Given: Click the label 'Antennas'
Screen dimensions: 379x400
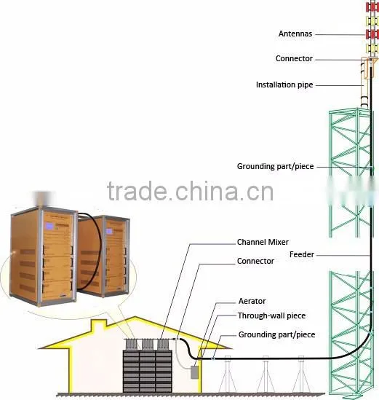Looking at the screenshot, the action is click(x=295, y=34).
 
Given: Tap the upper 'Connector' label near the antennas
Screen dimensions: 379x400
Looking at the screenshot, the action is click(x=294, y=58).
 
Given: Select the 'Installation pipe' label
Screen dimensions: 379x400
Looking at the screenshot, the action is click(x=284, y=85).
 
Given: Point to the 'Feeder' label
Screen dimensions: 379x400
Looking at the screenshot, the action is click(x=302, y=254).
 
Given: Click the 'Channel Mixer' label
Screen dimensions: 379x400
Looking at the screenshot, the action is click(x=263, y=242).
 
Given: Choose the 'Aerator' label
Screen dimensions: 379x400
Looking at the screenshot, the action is click(x=252, y=301).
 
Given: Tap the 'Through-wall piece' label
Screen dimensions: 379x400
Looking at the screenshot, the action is click(x=272, y=315).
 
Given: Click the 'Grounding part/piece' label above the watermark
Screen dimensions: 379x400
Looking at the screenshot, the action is click(x=275, y=166).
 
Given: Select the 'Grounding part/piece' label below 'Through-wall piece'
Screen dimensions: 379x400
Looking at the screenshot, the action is click(x=277, y=334).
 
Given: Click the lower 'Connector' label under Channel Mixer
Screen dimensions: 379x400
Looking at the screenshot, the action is click(x=255, y=261).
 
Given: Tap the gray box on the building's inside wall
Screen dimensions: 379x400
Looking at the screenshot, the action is click(x=195, y=372).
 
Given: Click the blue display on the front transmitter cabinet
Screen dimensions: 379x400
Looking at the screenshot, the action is click(x=49, y=227).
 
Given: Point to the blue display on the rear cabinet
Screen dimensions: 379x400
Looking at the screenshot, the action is click(x=109, y=231).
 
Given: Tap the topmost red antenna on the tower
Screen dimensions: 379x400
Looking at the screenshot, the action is click(x=372, y=7).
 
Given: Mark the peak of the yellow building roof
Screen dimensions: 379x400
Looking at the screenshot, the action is click(x=135, y=317).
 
